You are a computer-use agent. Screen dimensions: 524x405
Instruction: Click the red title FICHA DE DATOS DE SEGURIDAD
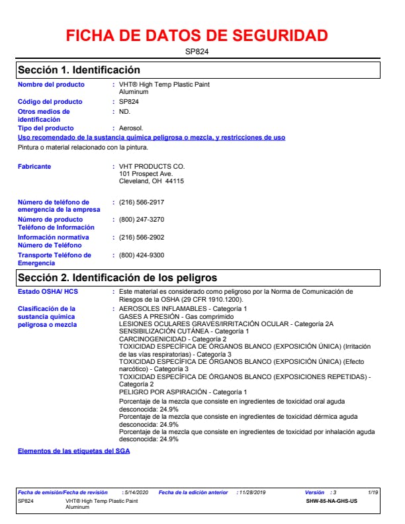click(197, 36)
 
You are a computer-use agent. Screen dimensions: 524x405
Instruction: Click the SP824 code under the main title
click(197, 51)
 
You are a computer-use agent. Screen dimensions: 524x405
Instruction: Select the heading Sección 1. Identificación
click(79, 69)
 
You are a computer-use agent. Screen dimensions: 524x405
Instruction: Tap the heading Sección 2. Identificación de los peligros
click(117, 277)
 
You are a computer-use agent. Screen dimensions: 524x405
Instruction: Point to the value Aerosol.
click(131, 128)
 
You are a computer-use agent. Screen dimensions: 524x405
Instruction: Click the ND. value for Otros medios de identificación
click(124, 112)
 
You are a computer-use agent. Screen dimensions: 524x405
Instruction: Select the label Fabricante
click(34, 167)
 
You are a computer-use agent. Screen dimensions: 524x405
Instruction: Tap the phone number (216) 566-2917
click(142, 202)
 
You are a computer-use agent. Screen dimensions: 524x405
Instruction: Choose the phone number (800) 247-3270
click(142, 219)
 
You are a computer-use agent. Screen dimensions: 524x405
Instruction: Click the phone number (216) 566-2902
click(142, 237)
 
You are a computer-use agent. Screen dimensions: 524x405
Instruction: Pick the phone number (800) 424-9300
click(142, 255)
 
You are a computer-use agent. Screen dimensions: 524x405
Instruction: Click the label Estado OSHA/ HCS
click(48, 291)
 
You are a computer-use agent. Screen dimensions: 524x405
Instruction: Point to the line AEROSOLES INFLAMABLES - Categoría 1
click(183, 309)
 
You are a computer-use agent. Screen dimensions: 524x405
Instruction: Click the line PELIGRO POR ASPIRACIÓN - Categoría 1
click(183, 392)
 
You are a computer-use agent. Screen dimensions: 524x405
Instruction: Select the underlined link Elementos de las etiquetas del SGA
click(73, 451)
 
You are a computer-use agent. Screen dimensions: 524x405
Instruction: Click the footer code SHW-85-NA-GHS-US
click(332, 501)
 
